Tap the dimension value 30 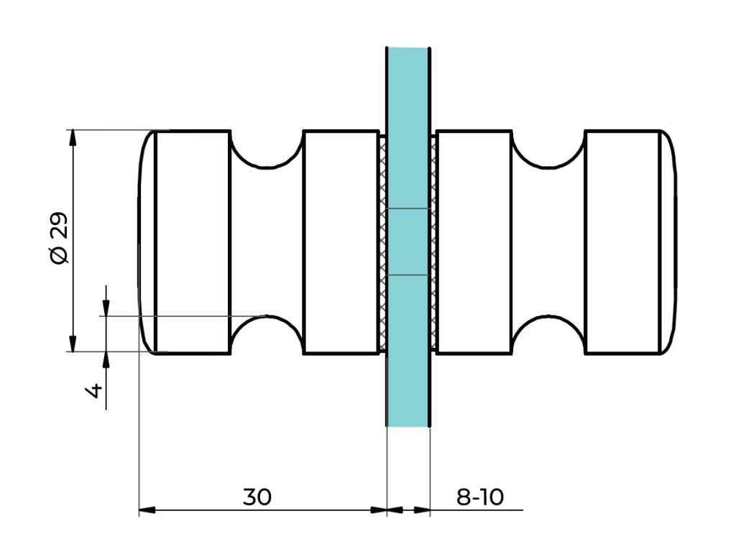coord(257,497)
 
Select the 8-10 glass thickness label coord(480,497)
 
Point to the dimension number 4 coord(94,392)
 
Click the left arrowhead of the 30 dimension coord(147,510)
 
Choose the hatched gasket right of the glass coord(433,242)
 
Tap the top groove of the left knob coord(267,151)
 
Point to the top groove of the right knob coord(548,151)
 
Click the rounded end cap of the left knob coord(147,242)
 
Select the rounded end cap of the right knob coord(668,242)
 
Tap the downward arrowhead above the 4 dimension coord(106,308)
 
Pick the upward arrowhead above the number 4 coord(106,359)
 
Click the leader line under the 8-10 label coord(489,510)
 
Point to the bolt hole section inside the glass coord(408,242)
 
